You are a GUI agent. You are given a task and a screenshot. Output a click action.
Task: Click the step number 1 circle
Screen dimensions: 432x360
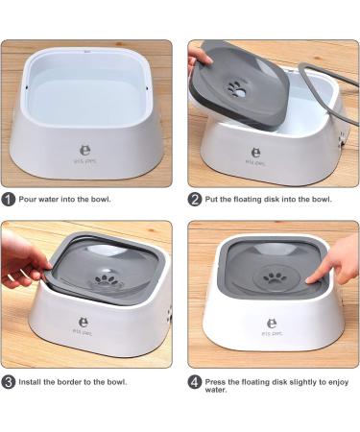click(9, 200)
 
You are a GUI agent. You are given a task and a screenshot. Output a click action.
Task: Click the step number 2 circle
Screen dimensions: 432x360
click(195, 200)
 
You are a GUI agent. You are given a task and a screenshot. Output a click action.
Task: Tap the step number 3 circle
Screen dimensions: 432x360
click(9, 381)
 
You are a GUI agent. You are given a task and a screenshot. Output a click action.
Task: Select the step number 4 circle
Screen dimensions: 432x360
click(195, 381)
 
